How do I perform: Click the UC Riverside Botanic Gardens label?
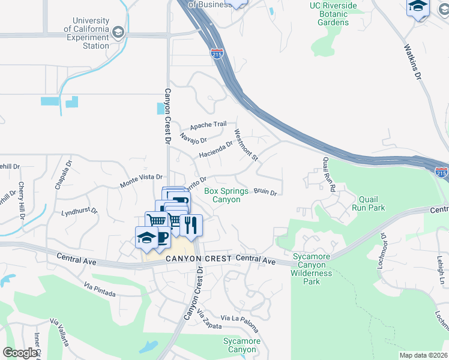[333, 14]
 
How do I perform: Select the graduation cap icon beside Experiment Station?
[118, 31]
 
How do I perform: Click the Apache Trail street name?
[208, 125]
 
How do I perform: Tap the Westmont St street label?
[246, 146]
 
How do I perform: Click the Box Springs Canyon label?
[226, 195]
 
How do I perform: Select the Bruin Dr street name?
[265, 192]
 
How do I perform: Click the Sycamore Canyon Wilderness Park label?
[312, 269]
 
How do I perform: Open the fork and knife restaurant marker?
[191, 226]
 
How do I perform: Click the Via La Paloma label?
[240, 322]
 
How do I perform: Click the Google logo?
[20, 353]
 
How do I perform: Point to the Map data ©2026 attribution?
[423, 355]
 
